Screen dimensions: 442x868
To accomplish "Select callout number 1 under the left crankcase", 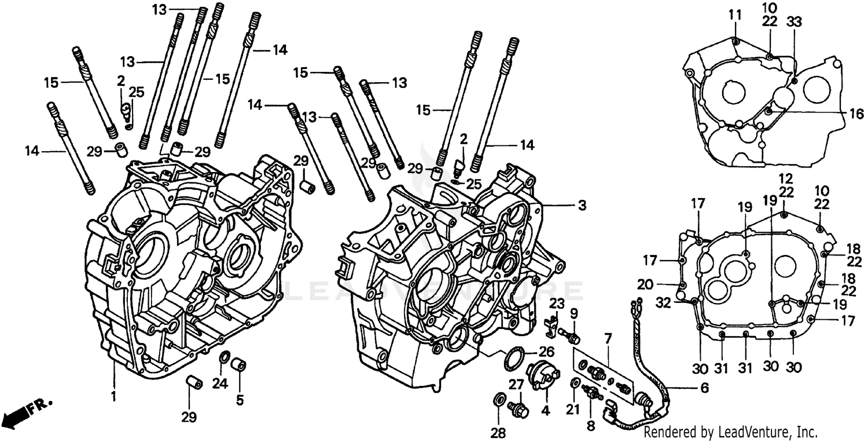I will (113, 397).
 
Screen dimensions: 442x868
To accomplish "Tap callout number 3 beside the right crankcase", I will (582, 205).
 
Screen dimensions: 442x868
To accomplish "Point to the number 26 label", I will (546, 351).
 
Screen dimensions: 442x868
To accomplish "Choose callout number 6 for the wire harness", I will (704, 388).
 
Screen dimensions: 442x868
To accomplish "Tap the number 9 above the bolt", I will (573, 313).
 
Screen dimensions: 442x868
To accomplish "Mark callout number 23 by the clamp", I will (556, 303).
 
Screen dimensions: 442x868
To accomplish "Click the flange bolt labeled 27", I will (520, 408).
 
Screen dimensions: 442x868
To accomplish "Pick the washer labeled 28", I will (498, 400).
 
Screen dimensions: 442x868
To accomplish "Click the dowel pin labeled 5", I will (239, 366).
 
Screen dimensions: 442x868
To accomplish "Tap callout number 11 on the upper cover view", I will (735, 16).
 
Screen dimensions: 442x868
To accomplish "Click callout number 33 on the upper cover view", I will (794, 22).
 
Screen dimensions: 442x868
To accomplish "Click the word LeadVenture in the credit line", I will (752, 432).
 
